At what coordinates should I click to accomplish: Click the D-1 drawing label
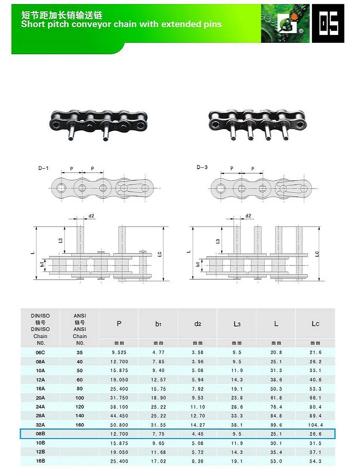[43, 168]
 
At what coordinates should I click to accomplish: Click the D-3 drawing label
[202, 167]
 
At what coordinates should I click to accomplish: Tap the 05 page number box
[328, 23]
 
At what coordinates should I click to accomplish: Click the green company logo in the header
[285, 23]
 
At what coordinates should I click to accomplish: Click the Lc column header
[315, 323]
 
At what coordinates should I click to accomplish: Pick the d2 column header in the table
[197, 323]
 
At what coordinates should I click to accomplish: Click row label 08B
[40, 434]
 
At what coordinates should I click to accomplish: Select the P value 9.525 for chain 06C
[119, 352]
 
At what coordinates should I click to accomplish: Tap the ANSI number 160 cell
[80, 425]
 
